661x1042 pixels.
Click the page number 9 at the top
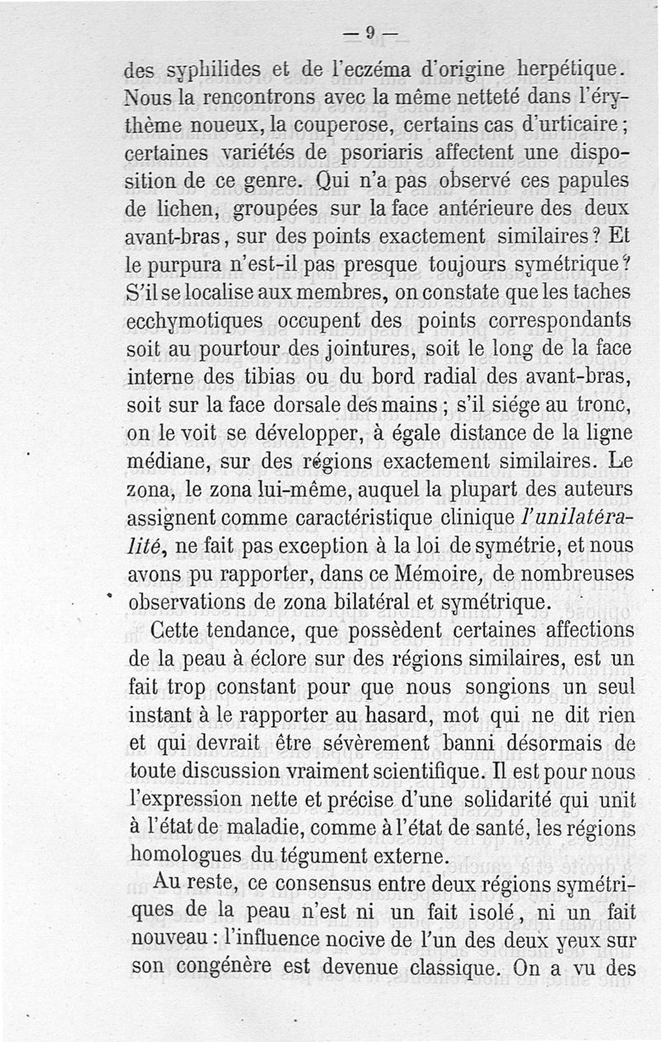(371, 32)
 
